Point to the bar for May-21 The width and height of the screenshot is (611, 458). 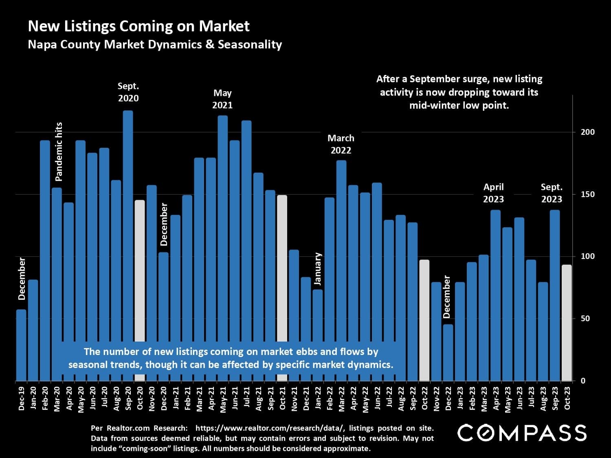click(223, 228)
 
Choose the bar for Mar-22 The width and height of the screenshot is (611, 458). click(341, 252)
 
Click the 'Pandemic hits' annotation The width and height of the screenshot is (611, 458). click(59, 151)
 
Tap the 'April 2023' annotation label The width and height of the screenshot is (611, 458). click(493, 193)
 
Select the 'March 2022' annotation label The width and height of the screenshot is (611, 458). click(341, 144)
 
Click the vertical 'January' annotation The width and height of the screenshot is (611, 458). click(318, 269)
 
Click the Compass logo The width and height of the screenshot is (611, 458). click(522, 432)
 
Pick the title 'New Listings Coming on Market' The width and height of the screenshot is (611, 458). click(138, 26)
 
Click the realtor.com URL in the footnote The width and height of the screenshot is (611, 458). click(270, 428)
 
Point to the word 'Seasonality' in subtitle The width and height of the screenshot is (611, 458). click(250, 44)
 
